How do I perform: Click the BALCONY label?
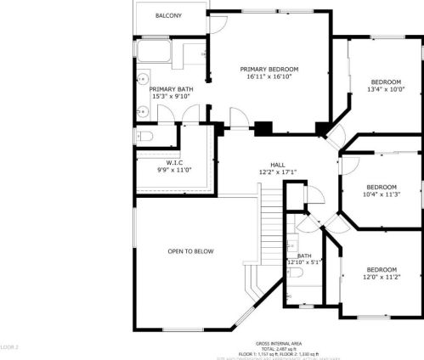(168, 16)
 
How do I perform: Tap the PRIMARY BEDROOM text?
(269, 69)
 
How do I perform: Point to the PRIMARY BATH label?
(168, 88)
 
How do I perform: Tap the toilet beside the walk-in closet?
(144, 136)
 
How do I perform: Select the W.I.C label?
(174, 162)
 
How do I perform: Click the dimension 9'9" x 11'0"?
(174, 170)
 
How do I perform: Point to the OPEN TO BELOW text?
(190, 251)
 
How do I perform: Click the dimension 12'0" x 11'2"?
(382, 277)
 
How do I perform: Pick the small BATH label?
(304, 255)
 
